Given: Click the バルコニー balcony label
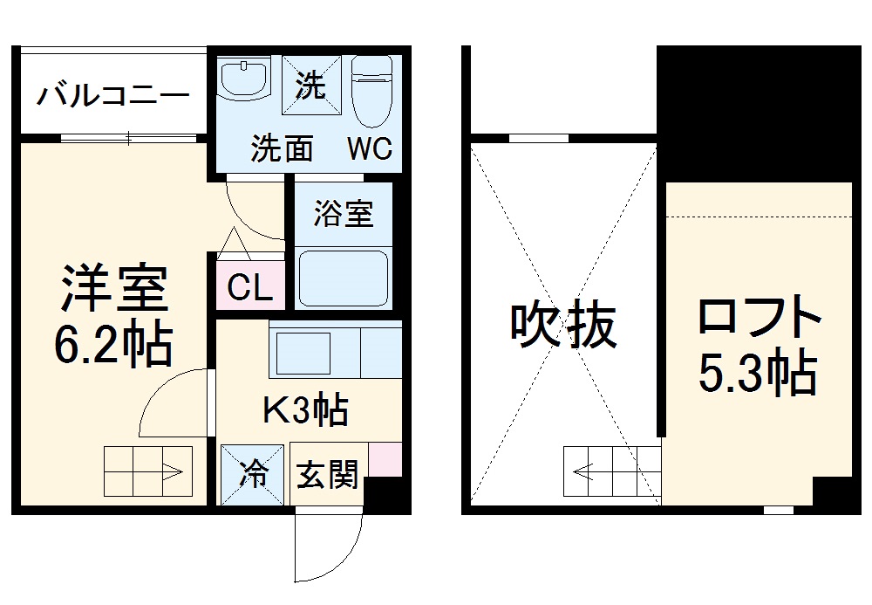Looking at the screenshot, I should (x=112, y=94).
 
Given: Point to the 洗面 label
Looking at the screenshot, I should (x=282, y=148).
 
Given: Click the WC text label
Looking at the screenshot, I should (x=371, y=148).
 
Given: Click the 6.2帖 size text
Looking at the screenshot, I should (x=113, y=344).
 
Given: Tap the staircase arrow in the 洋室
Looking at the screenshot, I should (x=146, y=472).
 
